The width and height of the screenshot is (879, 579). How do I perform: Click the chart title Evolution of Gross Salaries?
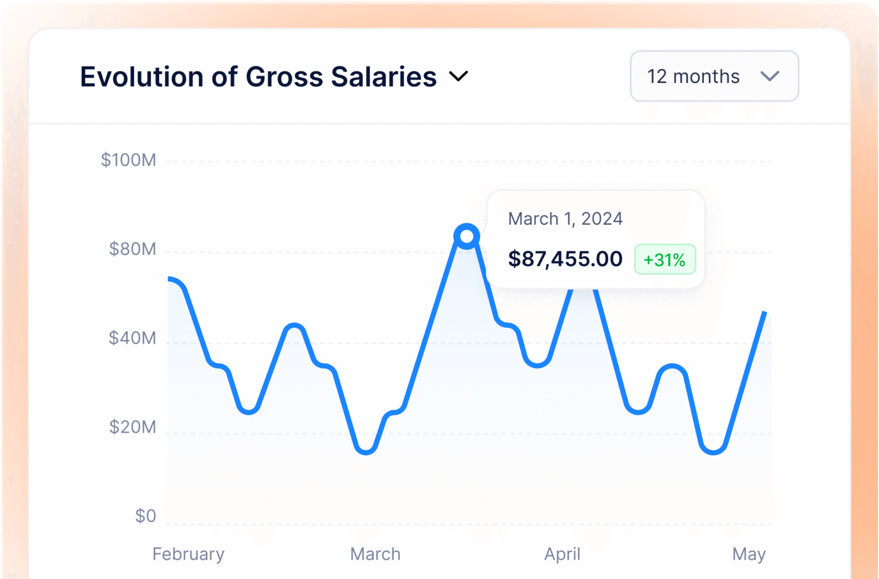point(258,77)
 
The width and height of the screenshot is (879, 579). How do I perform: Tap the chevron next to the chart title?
point(458,76)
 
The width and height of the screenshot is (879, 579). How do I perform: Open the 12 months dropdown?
point(714,76)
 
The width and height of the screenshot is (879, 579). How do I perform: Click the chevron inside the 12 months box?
point(770,76)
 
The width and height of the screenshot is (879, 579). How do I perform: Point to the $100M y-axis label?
point(128,160)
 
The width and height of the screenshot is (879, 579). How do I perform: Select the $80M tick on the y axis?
point(132,249)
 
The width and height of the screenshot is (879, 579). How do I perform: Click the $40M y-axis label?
point(132,338)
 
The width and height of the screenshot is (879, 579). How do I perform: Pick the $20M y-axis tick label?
point(132,427)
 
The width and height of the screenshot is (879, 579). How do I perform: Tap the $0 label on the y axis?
point(145,516)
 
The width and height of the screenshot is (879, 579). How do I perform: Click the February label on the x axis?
point(188,554)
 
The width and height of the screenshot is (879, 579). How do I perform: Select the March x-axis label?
point(375,554)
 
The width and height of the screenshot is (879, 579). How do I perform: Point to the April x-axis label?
point(562,554)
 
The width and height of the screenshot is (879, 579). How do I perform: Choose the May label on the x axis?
point(749,554)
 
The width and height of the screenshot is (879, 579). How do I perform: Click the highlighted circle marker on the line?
point(467,236)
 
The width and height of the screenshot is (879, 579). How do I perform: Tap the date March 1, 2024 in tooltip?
point(565,219)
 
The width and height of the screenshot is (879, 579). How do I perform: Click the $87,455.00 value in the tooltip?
point(565,259)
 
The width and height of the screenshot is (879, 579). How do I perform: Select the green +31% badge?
point(664,260)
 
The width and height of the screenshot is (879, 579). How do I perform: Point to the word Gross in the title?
point(284,77)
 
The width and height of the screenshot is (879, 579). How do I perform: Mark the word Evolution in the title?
point(141,77)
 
